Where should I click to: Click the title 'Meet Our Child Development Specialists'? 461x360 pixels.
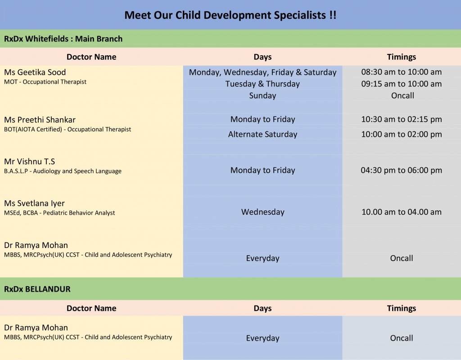click(x=230, y=15)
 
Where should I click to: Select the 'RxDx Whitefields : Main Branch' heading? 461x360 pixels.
click(x=63, y=39)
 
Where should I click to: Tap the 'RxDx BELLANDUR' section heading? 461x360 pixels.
click(x=37, y=289)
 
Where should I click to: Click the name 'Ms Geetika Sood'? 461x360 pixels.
click(x=35, y=72)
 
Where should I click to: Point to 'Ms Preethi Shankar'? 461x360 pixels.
click(x=40, y=120)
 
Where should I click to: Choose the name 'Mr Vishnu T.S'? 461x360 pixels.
click(x=30, y=162)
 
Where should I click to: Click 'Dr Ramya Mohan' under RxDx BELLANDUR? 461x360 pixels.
click(x=36, y=328)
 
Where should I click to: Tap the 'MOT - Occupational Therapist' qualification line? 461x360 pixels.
click(x=45, y=82)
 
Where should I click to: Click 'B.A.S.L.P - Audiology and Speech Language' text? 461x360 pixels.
click(x=63, y=171)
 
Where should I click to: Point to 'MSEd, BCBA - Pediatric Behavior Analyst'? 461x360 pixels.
click(x=59, y=213)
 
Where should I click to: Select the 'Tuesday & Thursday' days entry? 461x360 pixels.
click(x=262, y=84)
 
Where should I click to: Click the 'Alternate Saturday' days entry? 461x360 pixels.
click(x=262, y=134)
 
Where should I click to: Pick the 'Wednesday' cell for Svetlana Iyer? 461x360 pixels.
click(x=262, y=212)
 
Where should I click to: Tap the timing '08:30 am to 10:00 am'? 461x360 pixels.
click(x=402, y=72)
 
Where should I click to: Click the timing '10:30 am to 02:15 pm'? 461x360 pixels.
click(x=402, y=119)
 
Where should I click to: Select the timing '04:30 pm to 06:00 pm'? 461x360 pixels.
click(x=402, y=170)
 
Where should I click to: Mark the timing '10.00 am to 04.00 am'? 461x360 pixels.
click(x=402, y=212)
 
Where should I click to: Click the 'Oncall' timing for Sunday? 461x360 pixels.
click(x=402, y=95)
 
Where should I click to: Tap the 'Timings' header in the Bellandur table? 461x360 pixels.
click(x=402, y=308)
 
